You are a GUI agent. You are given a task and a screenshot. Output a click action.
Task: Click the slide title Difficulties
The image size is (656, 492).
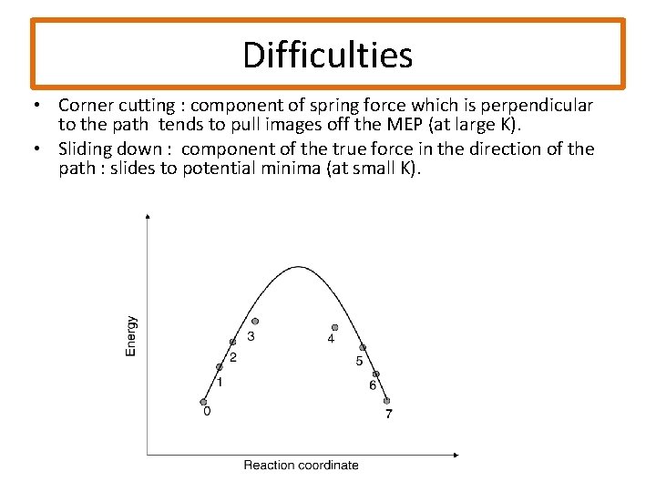pos(327,55)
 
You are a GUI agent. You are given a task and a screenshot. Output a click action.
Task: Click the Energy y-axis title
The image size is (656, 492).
pos(132,335)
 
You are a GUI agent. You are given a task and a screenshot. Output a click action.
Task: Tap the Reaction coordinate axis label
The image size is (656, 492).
pos(301,465)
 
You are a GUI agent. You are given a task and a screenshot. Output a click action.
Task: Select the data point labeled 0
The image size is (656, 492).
pos(203,401)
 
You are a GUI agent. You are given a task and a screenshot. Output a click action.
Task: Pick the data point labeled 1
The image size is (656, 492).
pos(218,367)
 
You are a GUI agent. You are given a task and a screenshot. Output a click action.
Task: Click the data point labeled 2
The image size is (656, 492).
pos(232,342)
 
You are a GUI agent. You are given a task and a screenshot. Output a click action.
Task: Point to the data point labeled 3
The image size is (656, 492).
pos(255,321)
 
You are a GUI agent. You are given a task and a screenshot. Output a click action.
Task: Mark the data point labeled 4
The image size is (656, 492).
pos(334,327)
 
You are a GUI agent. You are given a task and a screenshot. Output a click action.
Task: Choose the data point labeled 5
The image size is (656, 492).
pos(363,348)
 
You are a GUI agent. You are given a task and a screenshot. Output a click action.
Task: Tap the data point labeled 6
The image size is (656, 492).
pos(375,374)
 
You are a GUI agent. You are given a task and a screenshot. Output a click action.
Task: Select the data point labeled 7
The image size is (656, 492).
pos(386,401)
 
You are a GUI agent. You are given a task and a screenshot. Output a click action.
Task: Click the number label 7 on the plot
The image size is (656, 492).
pos(388,415)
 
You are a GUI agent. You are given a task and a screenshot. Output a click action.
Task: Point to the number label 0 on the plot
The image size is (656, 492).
pos(207,411)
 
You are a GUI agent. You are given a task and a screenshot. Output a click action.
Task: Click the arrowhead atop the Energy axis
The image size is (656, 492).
pos(149,216)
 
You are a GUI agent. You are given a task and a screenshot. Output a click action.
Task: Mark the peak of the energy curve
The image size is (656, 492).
pos(299,267)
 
